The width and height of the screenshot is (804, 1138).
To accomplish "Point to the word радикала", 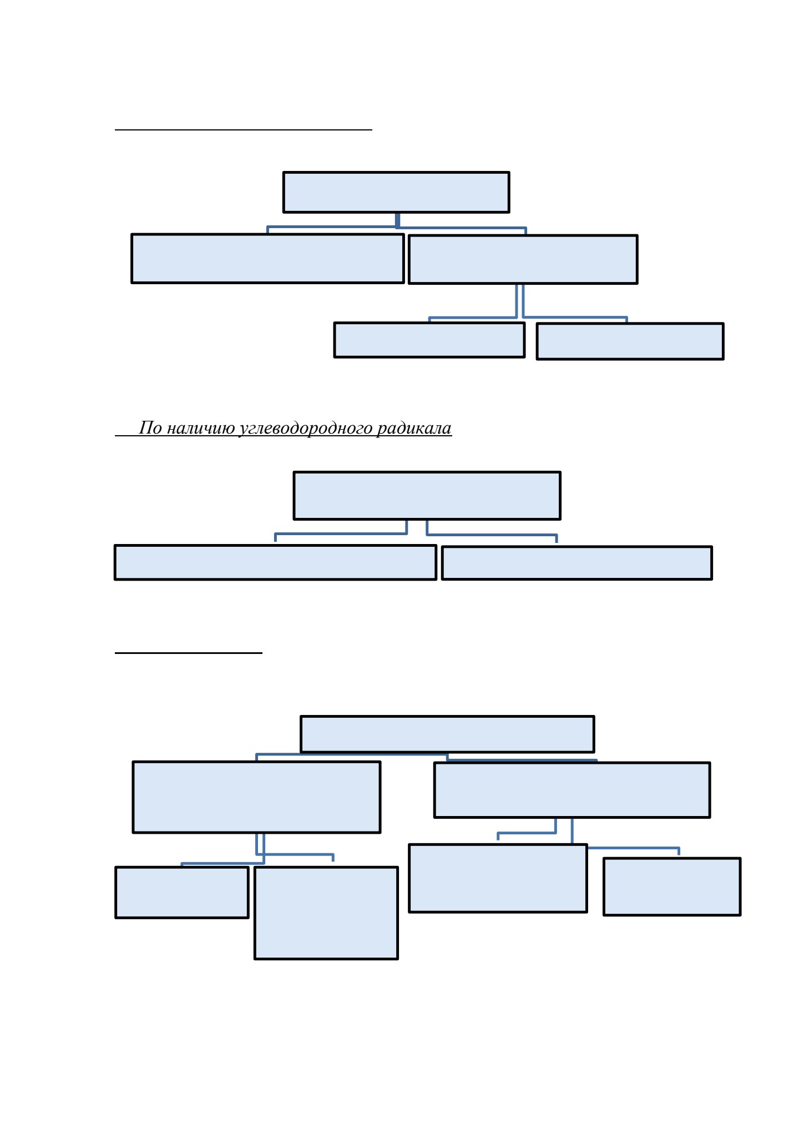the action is point(414,429).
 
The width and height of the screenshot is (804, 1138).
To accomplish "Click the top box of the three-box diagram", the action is point(427,496).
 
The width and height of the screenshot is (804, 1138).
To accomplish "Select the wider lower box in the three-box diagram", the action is point(275,562).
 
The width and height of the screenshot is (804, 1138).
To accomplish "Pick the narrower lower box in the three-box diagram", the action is point(577,563).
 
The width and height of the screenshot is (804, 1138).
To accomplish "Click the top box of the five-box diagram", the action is point(396,192).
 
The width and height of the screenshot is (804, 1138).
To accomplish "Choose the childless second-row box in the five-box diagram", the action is point(267,259).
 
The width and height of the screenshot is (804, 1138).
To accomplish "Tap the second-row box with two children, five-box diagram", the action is point(523,259).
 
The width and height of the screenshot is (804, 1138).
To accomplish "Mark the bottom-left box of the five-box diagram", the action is point(429,340).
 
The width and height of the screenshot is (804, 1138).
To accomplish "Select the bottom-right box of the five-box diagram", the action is point(630,341).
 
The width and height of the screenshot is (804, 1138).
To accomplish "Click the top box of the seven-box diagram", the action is point(447,734).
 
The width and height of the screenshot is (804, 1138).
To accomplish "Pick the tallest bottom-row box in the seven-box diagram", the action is point(326,913).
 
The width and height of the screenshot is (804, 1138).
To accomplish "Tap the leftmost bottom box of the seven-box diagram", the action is point(181,892).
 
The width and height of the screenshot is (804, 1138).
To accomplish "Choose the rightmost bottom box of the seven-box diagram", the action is point(672,887).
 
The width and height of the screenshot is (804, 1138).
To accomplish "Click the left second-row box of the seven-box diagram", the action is point(256,797).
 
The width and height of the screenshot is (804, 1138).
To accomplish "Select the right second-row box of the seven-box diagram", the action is point(572,790).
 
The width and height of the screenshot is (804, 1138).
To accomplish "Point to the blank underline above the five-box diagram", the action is point(244,130).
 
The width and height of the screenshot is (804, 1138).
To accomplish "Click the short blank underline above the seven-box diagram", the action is point(189,653).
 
